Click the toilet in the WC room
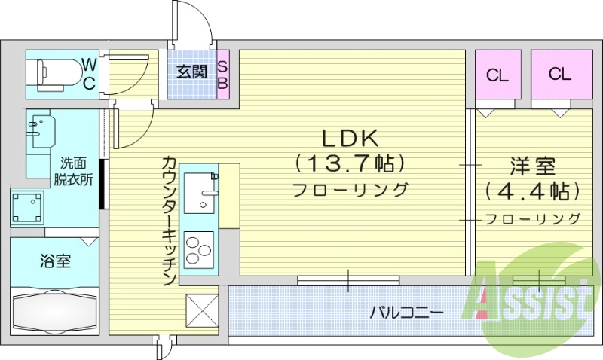[x=56, y=73]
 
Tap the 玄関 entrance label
[x=191, y=72]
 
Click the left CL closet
[x=496, y=75]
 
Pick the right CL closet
[x=559, y=74]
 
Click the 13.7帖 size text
[x=350, y=163]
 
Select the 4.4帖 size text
[x=532, y=190]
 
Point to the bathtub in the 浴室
[x=54, y=310]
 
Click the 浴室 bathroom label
[x=55, y=261]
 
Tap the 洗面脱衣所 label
[x=73, y=171]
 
